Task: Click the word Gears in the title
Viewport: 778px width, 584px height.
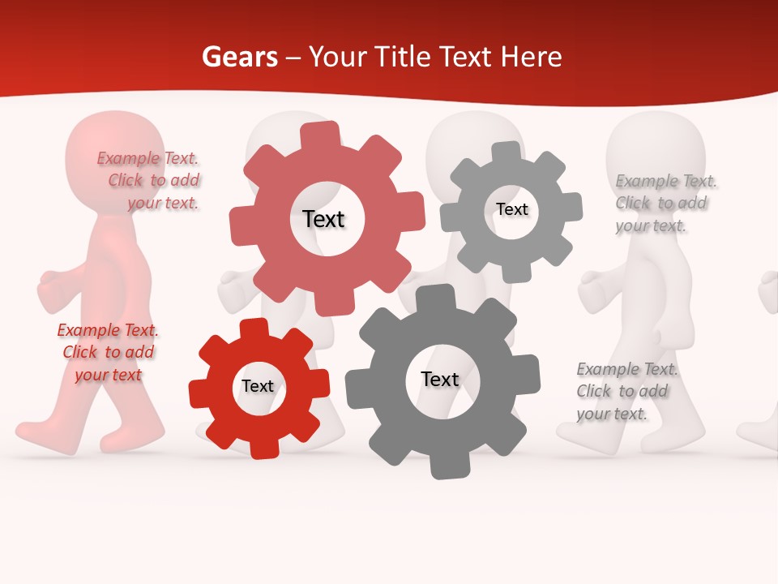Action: coord(238,58)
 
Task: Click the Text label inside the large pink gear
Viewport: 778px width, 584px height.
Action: coord(323,219)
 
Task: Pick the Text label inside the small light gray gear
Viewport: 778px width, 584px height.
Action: coord(511,209)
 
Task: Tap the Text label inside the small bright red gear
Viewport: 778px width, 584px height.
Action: coord(258,386)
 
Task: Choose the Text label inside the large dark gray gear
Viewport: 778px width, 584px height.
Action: coord(440,379)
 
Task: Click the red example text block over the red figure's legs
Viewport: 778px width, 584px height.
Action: coord(108,352)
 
